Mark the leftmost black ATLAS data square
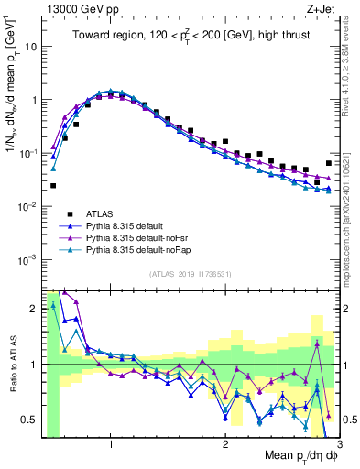coord(53,185)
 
